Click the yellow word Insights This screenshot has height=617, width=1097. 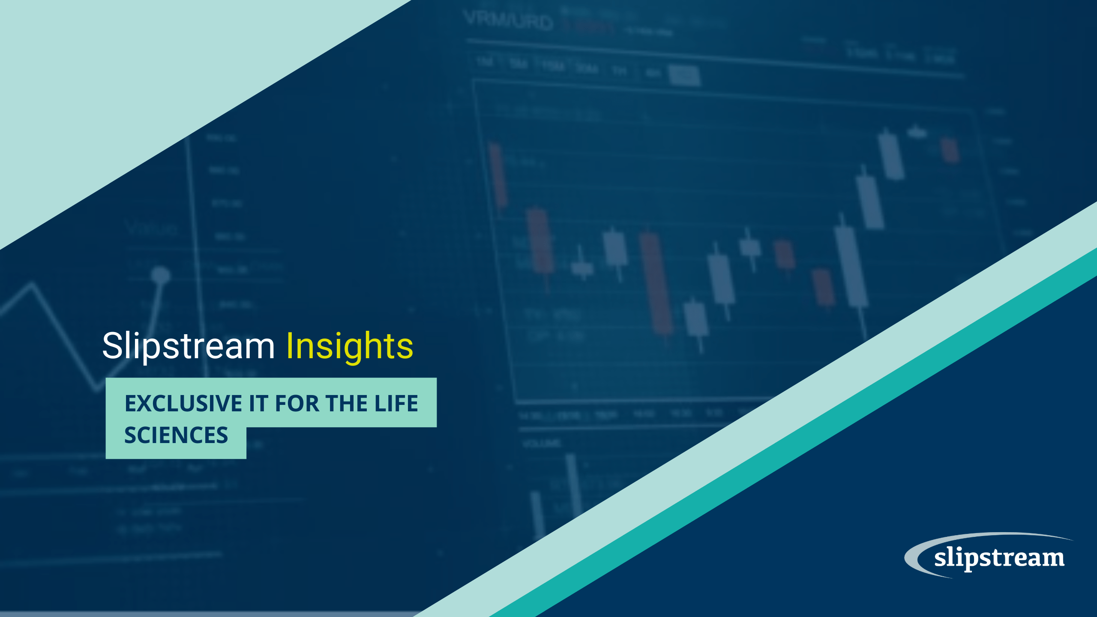pos(349,346)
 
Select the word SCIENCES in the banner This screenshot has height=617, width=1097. pos(176,435)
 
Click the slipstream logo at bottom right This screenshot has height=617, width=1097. pos(998,557)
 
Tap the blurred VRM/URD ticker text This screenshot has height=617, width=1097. pos(508,21)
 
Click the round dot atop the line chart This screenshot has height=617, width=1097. pos(161,274)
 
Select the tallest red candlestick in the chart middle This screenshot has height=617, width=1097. pos(656,283)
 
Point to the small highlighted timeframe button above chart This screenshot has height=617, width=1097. pos(684,76)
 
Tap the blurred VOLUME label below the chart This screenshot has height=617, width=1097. pos(542,443)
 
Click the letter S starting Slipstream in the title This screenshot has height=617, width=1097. pos(112,346)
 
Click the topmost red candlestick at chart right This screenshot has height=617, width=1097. pos(950,150)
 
